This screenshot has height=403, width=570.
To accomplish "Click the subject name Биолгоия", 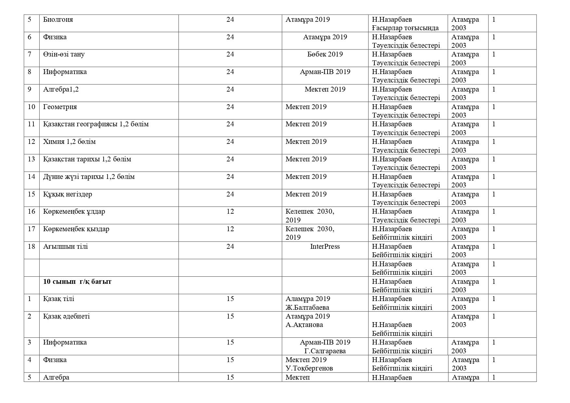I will (58, 19).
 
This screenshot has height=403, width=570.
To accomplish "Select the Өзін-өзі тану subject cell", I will (64, 54).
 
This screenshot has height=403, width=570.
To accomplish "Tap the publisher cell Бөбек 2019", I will (325, 54).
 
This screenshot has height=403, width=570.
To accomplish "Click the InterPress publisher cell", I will (325, 246).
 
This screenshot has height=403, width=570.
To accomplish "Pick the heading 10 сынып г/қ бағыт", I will (77, 282).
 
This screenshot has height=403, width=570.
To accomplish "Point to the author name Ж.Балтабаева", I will (307, 308).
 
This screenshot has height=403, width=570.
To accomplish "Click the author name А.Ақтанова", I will (304, 325).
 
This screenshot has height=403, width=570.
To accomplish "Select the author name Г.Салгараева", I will (325, 351).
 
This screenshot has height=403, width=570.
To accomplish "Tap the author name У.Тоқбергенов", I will (309, 368).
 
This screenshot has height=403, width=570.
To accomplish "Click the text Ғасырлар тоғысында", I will (405, 28).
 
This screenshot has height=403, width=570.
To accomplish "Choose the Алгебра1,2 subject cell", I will (61, 89).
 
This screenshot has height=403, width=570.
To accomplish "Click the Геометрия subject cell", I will (60, 107).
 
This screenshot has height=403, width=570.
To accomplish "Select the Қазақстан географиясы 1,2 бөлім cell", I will (96, 124).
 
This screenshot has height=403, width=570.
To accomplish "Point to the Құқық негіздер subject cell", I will (68, 194).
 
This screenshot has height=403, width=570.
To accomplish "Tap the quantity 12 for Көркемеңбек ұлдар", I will (230, 211).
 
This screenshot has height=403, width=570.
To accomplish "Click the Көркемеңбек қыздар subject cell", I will (76, 229).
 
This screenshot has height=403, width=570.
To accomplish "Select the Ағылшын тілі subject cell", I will (66, 246).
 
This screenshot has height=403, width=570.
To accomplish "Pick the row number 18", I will (31, 246).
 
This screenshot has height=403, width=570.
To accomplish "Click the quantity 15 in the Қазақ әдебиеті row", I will (230, 316).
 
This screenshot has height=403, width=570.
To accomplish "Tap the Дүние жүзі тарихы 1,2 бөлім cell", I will (89, 177).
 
